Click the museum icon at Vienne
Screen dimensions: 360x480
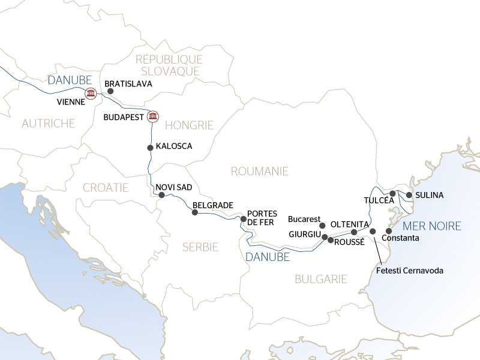coord(91,93)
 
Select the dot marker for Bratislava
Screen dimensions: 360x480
coord(110,92)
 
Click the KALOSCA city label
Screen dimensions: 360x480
coord(174,146)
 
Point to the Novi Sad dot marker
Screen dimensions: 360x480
coord(161,195)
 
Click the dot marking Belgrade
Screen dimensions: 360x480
coord(194,212)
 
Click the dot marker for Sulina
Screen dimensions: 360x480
coord(409,195)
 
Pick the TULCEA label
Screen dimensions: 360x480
coord(379,200)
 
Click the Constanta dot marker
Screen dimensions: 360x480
coord(389,231)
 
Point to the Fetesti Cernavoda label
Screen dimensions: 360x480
coord(410,271)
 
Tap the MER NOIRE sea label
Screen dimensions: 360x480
coord(432,226)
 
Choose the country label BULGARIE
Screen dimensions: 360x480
coord(321,279)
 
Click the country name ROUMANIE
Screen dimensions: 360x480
coord(260,172)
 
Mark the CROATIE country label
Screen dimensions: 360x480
coord(106,187)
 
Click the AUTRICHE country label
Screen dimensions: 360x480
coord(48,124)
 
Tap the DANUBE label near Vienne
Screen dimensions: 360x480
coord(69,80)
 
